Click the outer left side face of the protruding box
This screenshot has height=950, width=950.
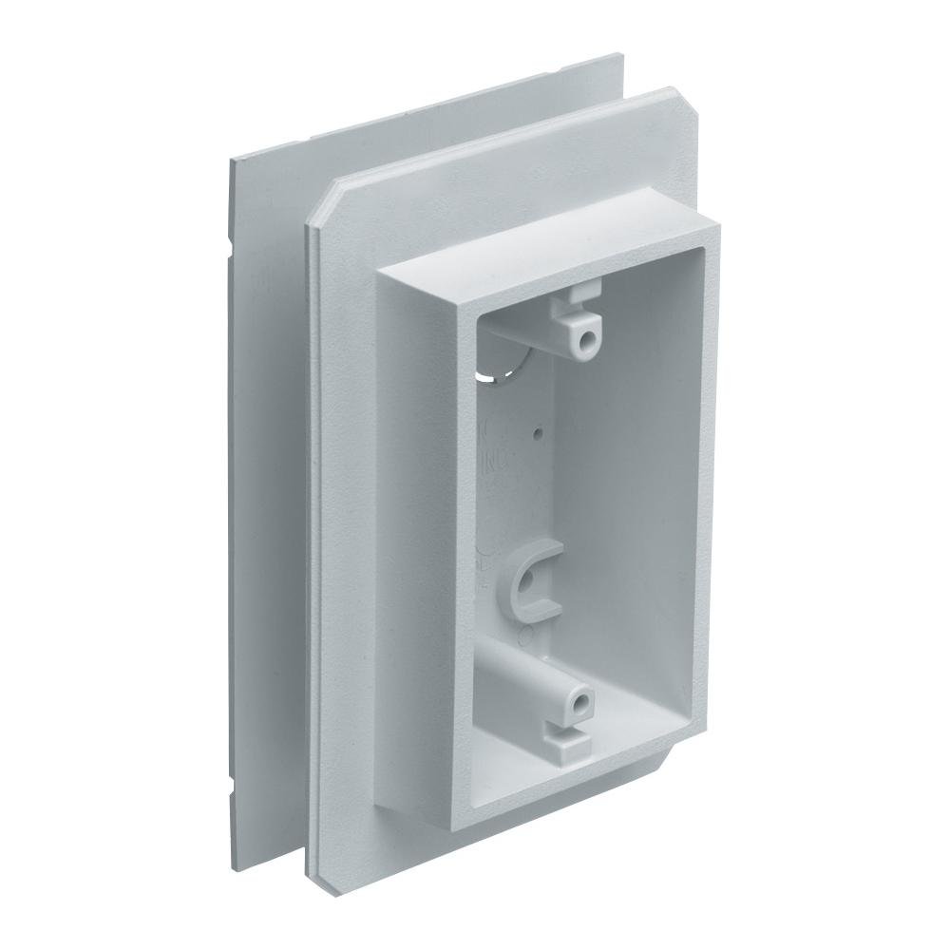[x=418, y=532]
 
